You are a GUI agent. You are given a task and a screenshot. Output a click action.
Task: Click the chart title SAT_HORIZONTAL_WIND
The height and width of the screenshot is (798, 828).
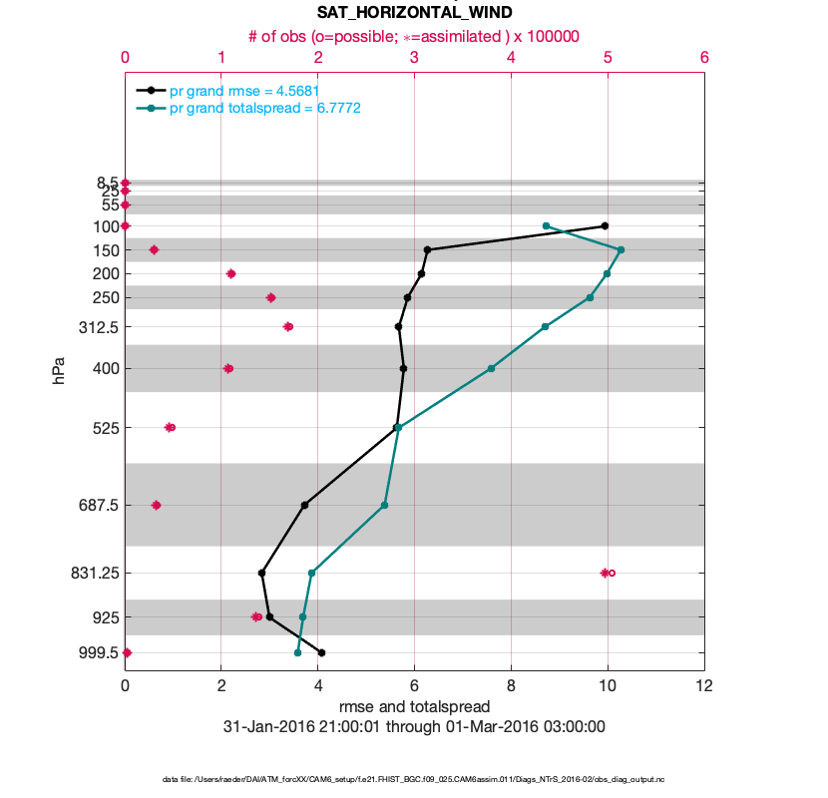coord(414,13)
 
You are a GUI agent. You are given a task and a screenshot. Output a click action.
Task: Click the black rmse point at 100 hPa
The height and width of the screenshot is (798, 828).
coord(605,226)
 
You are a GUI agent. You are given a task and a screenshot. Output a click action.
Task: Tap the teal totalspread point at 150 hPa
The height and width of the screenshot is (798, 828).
coord(621,249)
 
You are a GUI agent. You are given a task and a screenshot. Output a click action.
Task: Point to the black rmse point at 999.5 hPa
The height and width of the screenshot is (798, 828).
coord(321,652)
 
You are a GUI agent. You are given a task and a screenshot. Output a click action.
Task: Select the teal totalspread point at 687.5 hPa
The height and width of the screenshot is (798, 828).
coord(384,505)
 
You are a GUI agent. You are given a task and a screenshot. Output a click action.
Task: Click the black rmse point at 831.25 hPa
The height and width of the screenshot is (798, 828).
coord(261,573)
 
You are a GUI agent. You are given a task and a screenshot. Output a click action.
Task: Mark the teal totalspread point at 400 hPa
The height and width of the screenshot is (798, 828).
coord(491,368)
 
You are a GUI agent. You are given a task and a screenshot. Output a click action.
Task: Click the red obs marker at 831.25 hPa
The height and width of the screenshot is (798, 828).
coord(606,573)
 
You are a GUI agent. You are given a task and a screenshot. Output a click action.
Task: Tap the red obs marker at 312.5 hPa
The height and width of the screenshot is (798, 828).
coord(288,326)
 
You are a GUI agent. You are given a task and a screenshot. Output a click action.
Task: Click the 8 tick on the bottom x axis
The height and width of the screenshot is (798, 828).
coord(511,686)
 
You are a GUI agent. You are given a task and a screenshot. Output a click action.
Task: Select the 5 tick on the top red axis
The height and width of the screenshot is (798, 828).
coord(608,58)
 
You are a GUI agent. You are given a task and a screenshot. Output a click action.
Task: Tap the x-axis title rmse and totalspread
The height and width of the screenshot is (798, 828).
coord(414,706)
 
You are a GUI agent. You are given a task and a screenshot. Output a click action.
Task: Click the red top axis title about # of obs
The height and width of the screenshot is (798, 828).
coord(414,36)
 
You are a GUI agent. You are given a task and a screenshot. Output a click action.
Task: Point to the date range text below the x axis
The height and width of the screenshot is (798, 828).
coord(414,726)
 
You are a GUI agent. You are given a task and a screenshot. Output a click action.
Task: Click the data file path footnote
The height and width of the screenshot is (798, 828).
coord(414,779)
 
